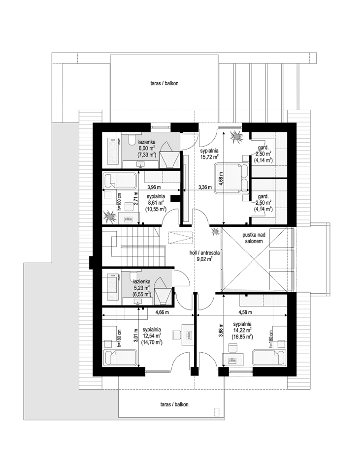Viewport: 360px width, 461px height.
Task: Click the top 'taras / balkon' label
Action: click(x=164, y=84)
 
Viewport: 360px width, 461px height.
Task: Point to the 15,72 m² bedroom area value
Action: click(x=209, y=157)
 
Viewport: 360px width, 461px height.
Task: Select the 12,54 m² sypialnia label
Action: click(x=152, y=336)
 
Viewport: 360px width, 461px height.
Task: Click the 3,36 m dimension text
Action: click(x=205, y=187)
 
